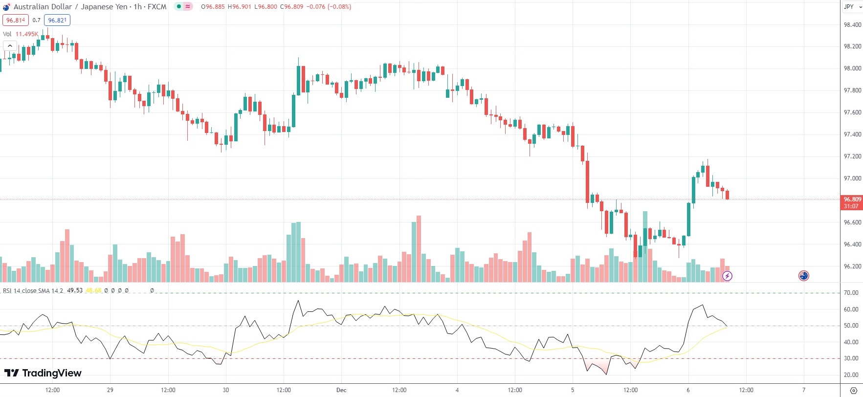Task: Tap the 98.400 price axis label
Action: pos(852,24)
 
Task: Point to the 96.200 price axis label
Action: pos(852,266)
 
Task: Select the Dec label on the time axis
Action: pos(341,390)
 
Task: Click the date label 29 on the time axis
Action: pos(110,390)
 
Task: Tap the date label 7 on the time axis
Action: pos(804,390)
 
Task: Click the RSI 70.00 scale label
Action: pos(851,293)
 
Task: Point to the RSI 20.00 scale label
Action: pos(851,375)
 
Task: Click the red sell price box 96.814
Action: pos(16,20)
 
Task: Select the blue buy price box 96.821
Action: pos(57,20)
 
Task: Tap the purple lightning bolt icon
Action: pos(727,276)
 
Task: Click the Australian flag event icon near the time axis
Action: pos(803,276)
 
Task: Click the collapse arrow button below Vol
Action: pos(10,45)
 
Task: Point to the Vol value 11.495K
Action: pos(26,34)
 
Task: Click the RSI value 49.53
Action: pos(75,290)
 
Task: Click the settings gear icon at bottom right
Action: pos(854,390)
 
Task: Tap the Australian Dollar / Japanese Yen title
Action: pos(70,7)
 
